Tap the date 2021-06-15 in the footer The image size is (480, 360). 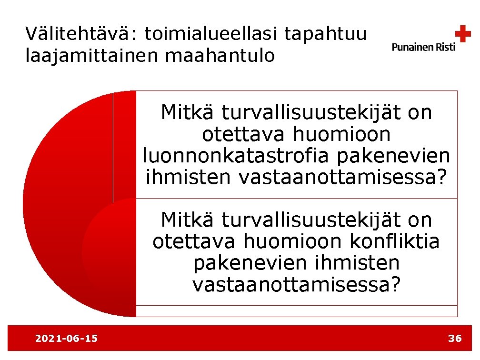click(x=67, y=339)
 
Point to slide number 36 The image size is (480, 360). click(x=455, y=339)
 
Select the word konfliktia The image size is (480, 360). click(x=394, y=241)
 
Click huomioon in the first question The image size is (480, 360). click(x=341, y=134)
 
